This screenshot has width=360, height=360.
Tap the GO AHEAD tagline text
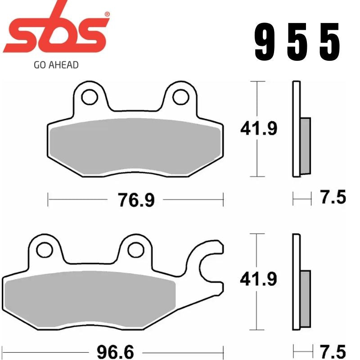pos(56,65)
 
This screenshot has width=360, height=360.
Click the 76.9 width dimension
pos(136,200)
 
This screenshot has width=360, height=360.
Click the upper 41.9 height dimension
pos(258,129)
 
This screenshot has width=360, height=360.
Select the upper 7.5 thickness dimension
pos(333,198)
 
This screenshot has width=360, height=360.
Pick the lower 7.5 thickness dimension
pos(333,351)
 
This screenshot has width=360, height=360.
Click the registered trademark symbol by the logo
pos(107,14)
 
